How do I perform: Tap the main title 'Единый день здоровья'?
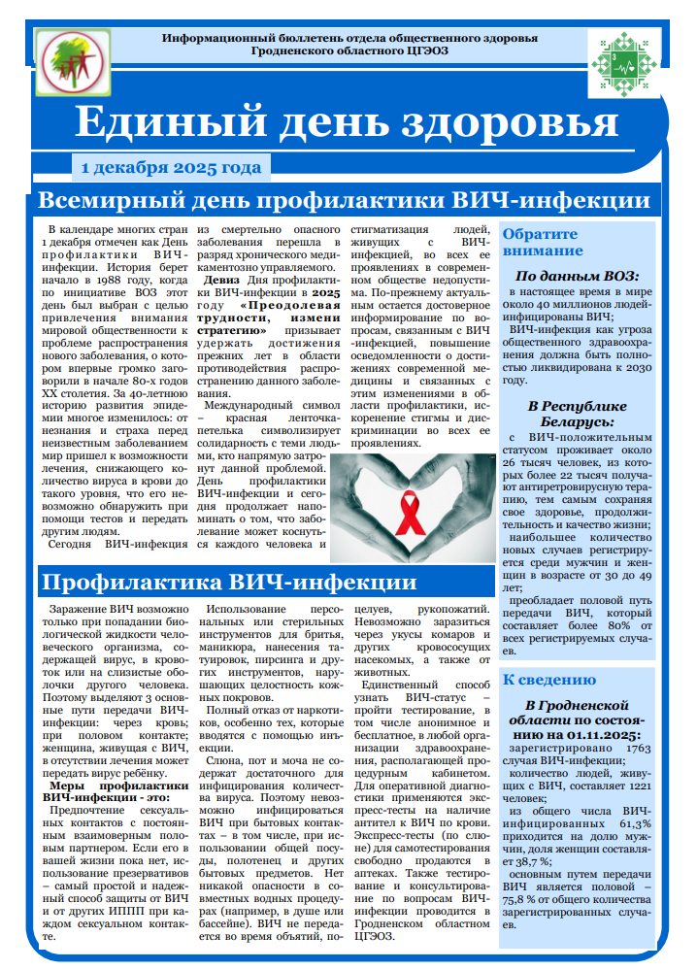[347, 123]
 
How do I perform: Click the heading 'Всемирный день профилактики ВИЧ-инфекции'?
[343, 201]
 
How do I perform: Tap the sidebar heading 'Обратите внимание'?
[540, 242]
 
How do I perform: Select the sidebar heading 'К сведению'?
[549, 680]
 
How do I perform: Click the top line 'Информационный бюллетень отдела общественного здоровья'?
[349, 37]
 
